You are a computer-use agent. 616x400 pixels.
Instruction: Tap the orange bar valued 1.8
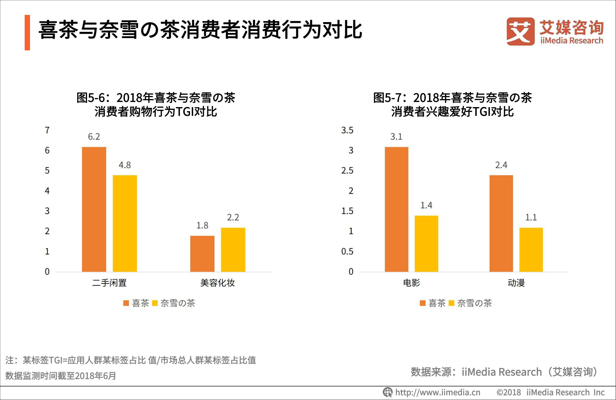202,254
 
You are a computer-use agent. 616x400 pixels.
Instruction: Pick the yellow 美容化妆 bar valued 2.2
233,250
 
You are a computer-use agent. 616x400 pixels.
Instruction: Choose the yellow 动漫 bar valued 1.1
531,250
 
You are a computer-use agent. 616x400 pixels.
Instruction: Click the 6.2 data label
94,137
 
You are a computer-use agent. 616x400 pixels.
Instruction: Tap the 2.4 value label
501,165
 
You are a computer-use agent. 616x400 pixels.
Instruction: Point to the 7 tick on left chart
47,130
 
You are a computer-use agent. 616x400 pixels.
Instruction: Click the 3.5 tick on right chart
347,130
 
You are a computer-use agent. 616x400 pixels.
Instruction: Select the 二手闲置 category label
109,283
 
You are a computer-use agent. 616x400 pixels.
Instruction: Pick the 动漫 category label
516,283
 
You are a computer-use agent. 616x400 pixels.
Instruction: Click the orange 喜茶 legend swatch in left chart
126,303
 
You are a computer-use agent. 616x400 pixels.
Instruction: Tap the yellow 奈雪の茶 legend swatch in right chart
452,303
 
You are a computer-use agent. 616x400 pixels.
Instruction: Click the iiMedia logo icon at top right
520,32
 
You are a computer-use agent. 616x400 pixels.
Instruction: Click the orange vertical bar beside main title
27,33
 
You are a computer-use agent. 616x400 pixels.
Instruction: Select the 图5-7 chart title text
452,105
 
